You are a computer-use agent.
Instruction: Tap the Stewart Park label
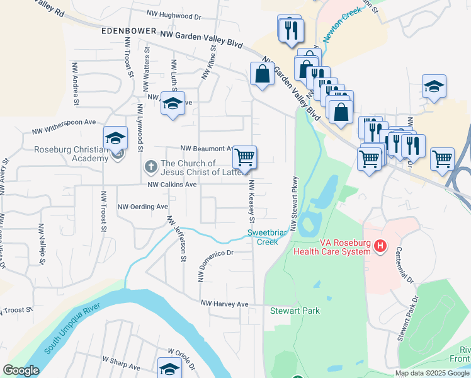pos(295,311)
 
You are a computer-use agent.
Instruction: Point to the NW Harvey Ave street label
pos(225,304)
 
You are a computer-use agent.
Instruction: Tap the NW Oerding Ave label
pos(143,207)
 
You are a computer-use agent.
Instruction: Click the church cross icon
pos(150,167)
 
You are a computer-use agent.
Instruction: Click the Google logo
pos(21,370)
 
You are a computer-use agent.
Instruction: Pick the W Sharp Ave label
pos(120,358)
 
